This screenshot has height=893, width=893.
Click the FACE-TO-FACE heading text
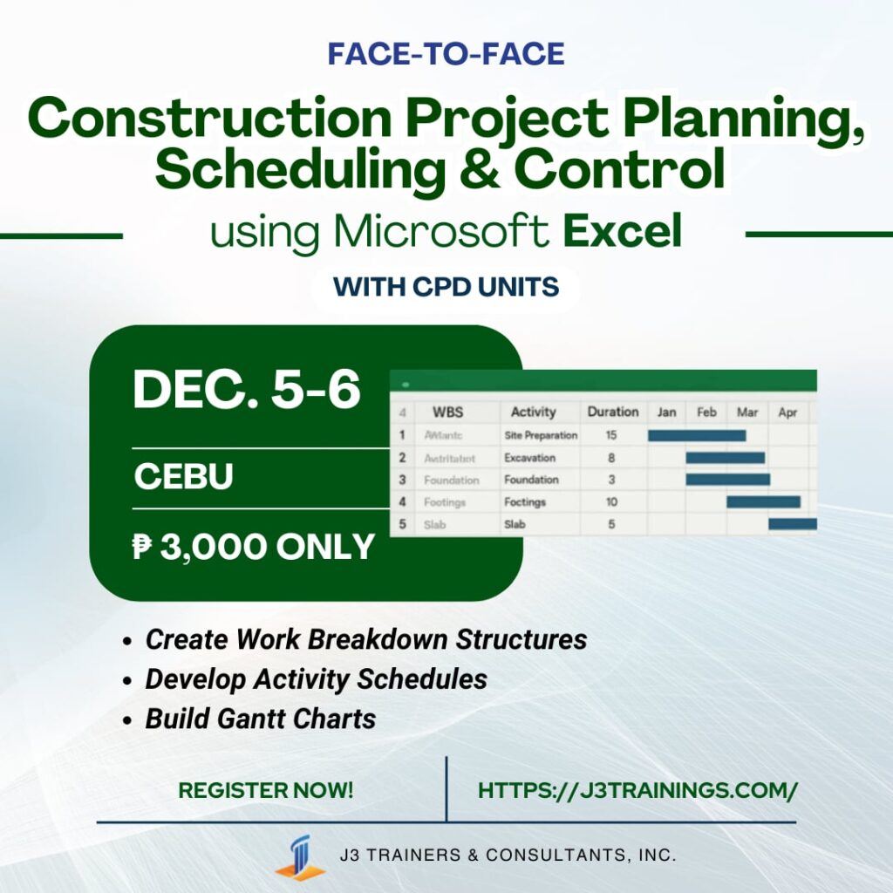tap(446, 54)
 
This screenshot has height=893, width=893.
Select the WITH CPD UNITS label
tap(446, 287)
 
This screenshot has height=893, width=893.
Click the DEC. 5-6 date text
tap(247, 391)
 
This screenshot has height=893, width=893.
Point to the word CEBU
tap(183, 477)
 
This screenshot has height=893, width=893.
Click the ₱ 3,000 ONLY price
tap(254, 547)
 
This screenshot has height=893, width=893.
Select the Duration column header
tap(612, 412)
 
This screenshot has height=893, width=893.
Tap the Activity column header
tap(533, 412)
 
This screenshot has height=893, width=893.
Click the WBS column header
tap(447, 412)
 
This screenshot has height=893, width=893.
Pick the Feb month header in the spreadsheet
tap(706, 412)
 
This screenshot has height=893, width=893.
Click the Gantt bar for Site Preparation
tap(696, 435)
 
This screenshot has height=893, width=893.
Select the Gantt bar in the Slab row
tap(792, 524)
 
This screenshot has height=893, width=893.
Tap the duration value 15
tap(611, 435)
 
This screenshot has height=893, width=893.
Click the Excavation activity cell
tap(529, 458)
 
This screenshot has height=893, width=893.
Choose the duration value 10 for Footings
tap(611, 502)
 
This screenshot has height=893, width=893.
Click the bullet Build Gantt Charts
tap(260, 719)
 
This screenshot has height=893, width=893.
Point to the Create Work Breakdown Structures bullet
tap(365, 639)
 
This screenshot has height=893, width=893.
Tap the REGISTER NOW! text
tap(266, 791)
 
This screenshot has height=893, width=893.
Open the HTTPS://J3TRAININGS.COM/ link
tap(637, 791)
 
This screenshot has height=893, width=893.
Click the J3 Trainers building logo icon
tap(300, 857)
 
